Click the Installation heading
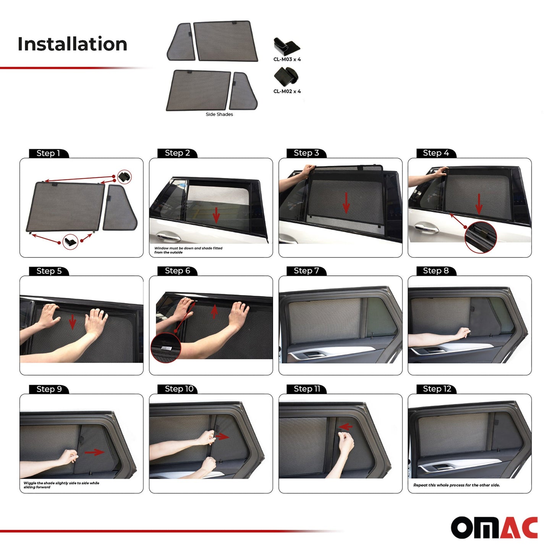pos(73,44)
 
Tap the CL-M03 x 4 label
pos(287,59)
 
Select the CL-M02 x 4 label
pos(287,91)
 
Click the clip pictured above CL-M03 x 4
pos(287,46)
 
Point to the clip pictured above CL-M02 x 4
pos(286,76)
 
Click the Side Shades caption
pos(219,114)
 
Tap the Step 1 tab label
pos(48,153)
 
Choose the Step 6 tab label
pos(177,271)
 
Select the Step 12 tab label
pos(437,389)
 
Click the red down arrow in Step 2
pos(216,215)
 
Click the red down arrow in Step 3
pos(346,203)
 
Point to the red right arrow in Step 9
pos(94,452)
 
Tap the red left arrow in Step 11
pos(346,427)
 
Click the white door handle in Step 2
pos(168,236)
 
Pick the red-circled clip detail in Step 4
pos(481,237)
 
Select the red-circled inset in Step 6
pos(166,348)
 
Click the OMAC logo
pos(494,528)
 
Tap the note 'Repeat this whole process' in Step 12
pos(456,485)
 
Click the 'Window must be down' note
pos(188,250)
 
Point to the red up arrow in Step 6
pos(214,311)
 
